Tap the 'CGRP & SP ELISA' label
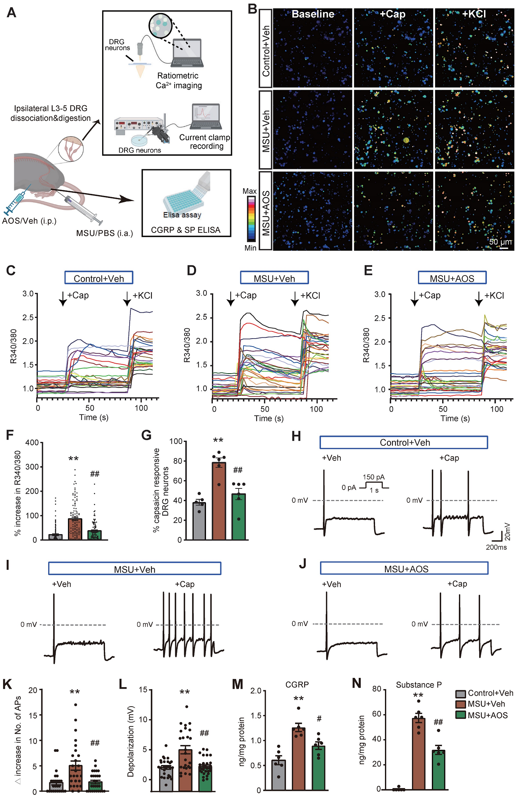point(185,230)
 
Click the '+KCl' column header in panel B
point(474,14)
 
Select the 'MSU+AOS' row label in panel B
point(266,211)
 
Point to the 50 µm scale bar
point(504,248)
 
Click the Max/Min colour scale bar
point(251,219)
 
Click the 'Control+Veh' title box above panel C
point(99,278)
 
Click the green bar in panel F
point(95,535)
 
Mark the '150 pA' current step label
point(373,477)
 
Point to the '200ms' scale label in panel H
point(496,547)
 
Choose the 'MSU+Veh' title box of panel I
point(134,569)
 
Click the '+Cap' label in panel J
point(457,584)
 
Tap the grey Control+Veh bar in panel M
point(278,775)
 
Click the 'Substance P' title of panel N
point(418,685)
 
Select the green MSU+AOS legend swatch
point(461,715)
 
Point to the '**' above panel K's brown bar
point(75,692)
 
